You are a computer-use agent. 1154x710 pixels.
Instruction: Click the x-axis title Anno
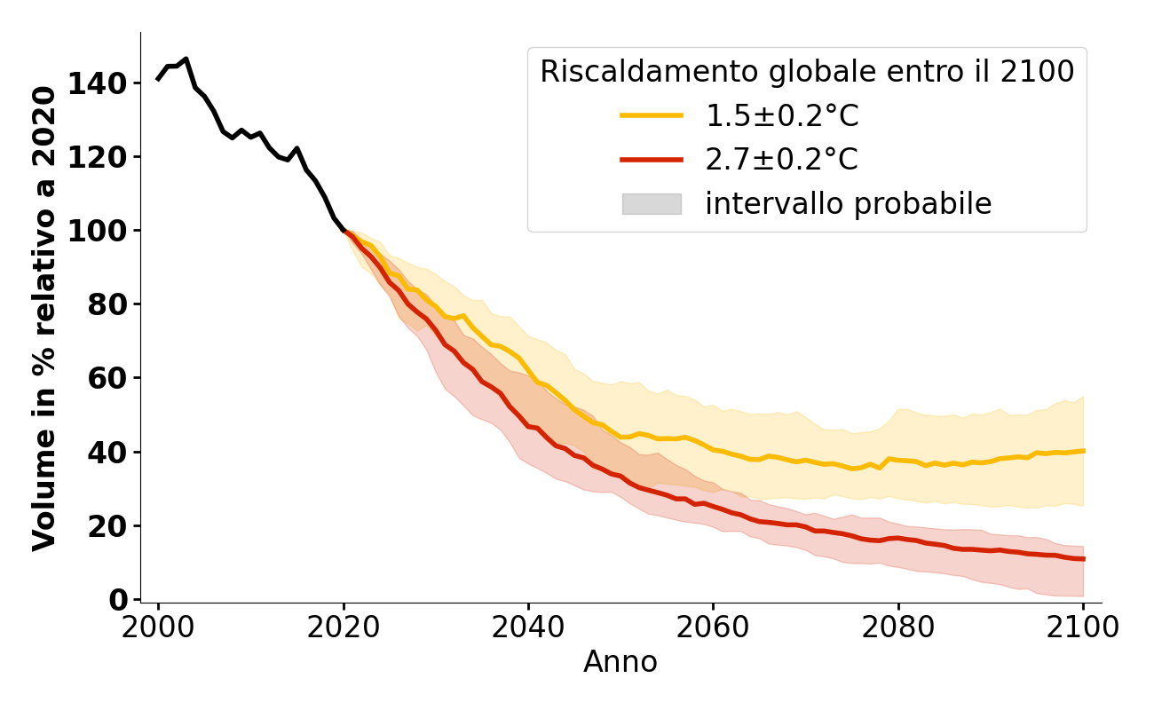tap(620, 662)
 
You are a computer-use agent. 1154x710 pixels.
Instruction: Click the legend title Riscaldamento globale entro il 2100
tap(807, 72)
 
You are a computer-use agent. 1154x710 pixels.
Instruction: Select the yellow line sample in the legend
tap(652, 115)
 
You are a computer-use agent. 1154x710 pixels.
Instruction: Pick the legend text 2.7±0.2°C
tap(781, 160)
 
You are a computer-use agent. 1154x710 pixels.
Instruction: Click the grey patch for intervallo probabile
tap(652, 204)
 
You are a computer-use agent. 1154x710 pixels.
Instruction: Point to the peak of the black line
tap(186, 59)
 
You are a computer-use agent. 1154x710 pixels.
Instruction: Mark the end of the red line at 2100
tap(1083, 559)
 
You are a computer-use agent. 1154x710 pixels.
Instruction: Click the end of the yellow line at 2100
tap(1083, 451)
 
